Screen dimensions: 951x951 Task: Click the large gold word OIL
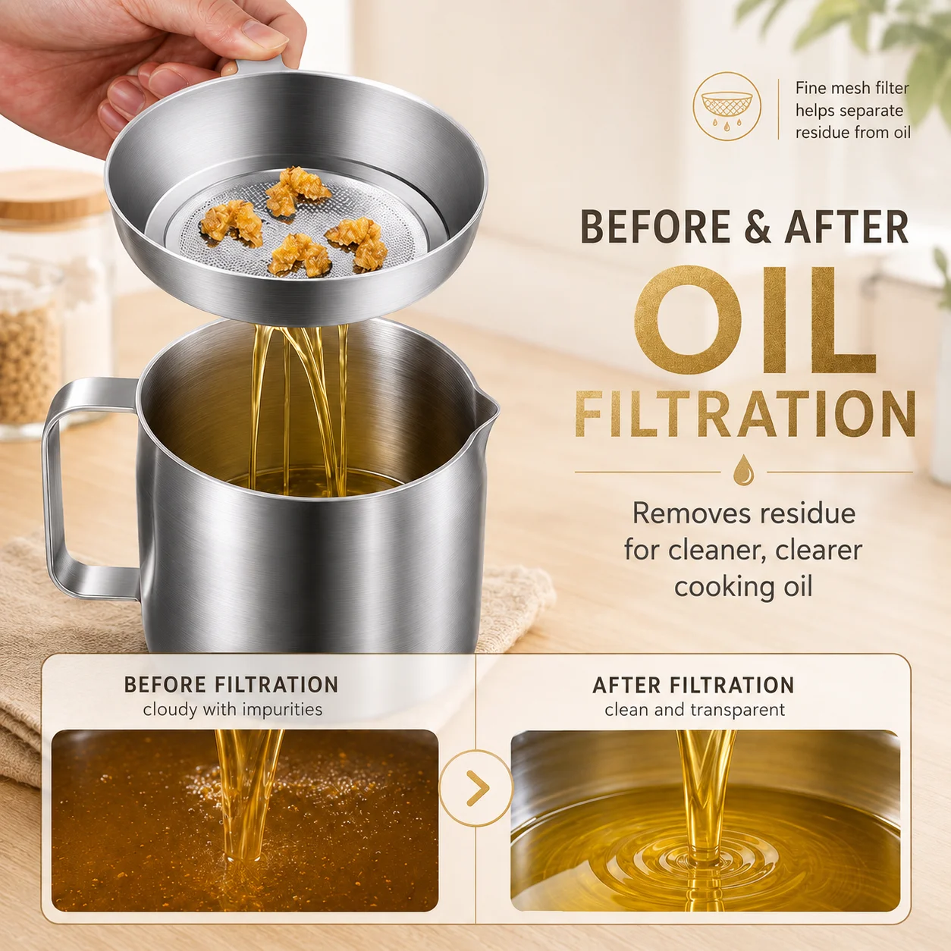click(x=755, y=320)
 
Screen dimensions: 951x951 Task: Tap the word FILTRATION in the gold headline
click(x=745, y=413)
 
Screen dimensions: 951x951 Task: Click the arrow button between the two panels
click(x=475, y=788)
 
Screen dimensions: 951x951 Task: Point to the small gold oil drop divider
click(x=743, y=470)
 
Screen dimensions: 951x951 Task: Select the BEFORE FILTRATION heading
click(x=231, y=685)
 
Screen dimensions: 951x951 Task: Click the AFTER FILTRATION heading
click(x=693, y=686)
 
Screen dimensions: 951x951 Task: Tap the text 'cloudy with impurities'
click(x=233, y=710)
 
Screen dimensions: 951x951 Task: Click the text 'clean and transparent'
click(x=695, y=710)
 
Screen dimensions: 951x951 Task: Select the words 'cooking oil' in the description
click(x=742, y=587)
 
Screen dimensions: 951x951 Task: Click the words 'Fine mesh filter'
click(x=852, y=88)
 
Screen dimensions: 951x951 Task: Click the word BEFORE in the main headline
click(x=655, y=227)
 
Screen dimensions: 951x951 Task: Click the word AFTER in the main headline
click(x=846, y=227)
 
